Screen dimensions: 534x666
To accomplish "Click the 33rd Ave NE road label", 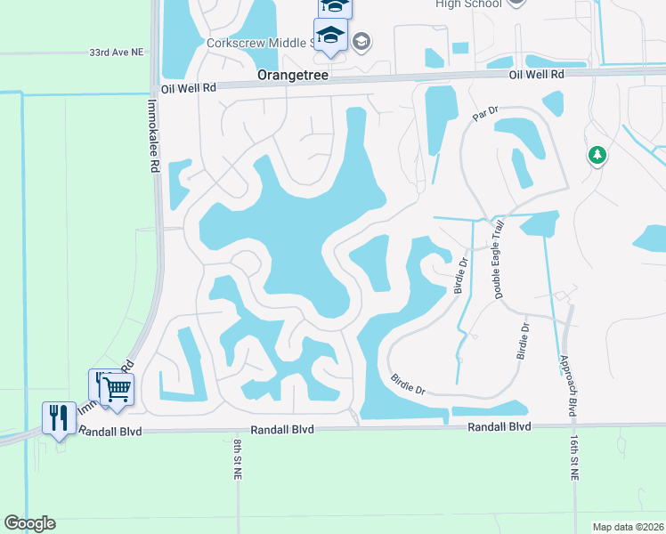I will [117, 53].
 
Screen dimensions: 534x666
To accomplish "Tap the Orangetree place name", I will [293, 77].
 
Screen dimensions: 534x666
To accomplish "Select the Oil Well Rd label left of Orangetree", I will [189, 88].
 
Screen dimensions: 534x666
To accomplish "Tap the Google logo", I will [29, 523].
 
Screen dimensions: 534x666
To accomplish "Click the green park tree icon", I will [597, 157].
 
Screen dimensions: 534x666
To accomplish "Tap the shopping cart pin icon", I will [117, 388].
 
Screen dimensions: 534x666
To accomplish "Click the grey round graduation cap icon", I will [361, 41].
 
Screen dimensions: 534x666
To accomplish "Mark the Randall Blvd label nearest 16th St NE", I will [499, 427].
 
